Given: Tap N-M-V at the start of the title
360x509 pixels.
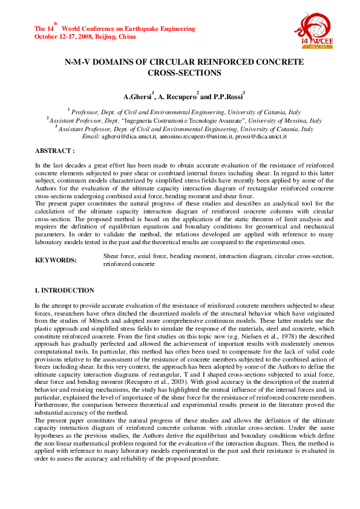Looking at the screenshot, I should (79, 62).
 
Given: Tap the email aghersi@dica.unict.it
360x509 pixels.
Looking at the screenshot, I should (128, 137).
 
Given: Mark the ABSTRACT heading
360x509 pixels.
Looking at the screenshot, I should (54, 150).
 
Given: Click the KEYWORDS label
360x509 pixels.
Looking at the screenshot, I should (56, 260).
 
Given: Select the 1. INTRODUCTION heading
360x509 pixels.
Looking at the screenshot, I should (64, 291).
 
